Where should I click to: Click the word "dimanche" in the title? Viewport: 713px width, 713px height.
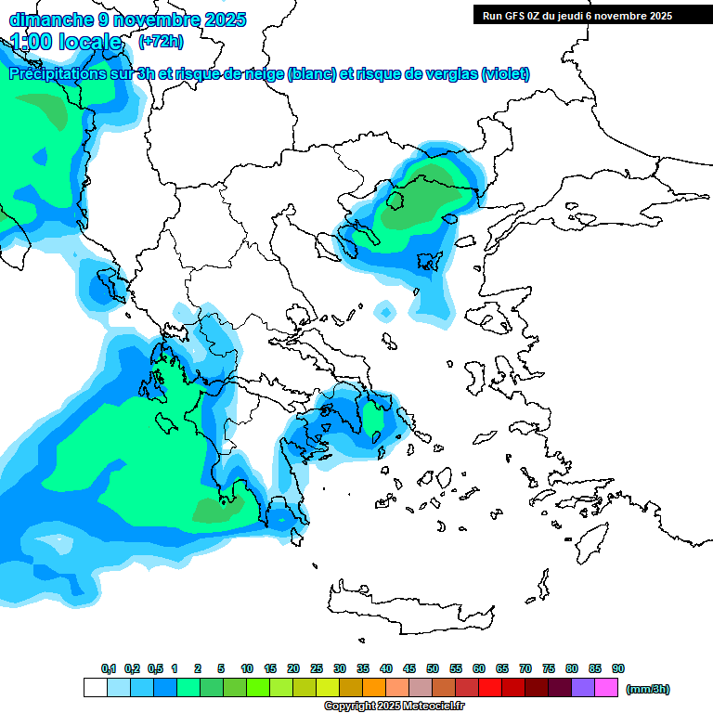point(45,19)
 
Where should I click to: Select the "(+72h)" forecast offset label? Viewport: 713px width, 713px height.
point(161,41)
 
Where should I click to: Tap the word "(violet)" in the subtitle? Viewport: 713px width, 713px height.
point(505,74)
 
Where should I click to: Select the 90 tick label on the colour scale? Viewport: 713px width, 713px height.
point(618,668)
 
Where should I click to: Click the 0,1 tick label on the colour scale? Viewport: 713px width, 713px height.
point(108,668)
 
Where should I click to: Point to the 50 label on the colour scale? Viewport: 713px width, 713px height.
point(433,668)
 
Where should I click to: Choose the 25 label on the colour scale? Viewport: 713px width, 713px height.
point(317,668)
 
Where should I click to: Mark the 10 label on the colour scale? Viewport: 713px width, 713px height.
point(247,668)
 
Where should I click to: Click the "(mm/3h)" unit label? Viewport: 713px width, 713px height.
point(647,689)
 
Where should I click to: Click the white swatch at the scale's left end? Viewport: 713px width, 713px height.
point(95,688)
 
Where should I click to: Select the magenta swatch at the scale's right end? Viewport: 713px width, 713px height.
point(606,688)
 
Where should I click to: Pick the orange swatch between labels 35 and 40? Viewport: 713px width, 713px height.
point(374,688)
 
